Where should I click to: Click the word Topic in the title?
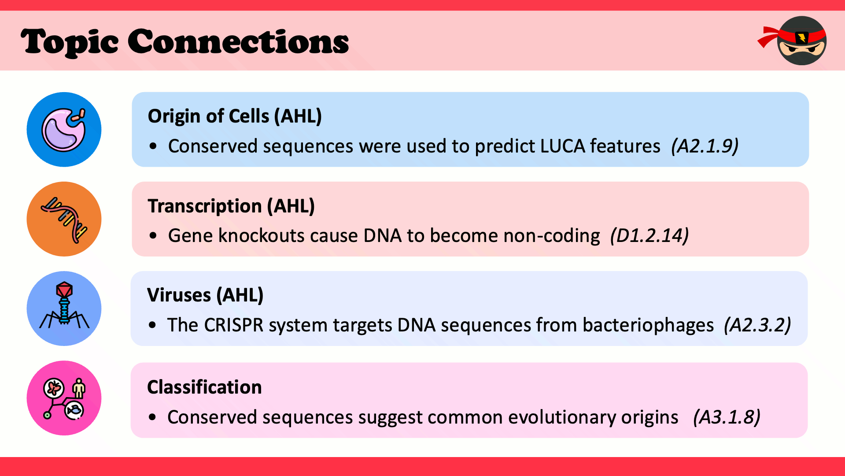click(70, 42)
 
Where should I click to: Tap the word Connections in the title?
click(238, 41)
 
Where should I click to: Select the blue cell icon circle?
click(64, 130)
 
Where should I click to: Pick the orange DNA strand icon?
click(64, 219)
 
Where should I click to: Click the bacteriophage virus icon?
click(64, 309)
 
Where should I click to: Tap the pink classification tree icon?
click(64, 398)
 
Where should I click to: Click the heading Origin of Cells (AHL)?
click(235, 116)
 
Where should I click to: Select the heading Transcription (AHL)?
click(231, 206)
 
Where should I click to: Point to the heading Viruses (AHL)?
click(205, 295)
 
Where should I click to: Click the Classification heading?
click(204, 387)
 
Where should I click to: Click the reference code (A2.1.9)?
click(705, 146)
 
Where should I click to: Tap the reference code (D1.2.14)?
click(649, 236)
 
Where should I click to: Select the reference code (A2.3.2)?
click(757, 325)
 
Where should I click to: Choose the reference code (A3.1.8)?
click(727, 417)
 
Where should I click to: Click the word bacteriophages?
click(648, 326)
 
